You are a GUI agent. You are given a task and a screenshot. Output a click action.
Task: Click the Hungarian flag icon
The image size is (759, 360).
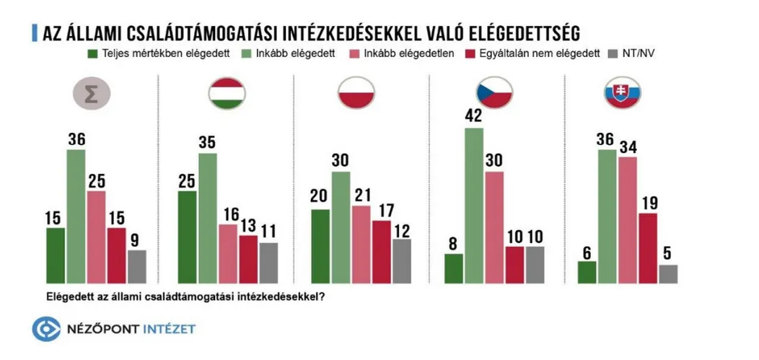[227, 95]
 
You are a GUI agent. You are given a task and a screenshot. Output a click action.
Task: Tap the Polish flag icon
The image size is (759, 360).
[358, 95]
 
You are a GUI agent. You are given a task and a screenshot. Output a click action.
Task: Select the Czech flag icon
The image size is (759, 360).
[493, 94]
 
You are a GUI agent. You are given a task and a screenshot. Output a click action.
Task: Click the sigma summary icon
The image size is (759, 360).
[93, 95]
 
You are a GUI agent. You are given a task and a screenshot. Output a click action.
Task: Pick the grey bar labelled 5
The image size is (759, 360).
[668, 274]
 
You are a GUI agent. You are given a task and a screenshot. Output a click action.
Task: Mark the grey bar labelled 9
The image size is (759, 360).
[136, 266]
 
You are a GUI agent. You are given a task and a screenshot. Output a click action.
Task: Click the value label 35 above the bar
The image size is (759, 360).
[208, 142]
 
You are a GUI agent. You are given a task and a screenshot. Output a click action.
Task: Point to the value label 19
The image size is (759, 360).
[648, 203]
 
